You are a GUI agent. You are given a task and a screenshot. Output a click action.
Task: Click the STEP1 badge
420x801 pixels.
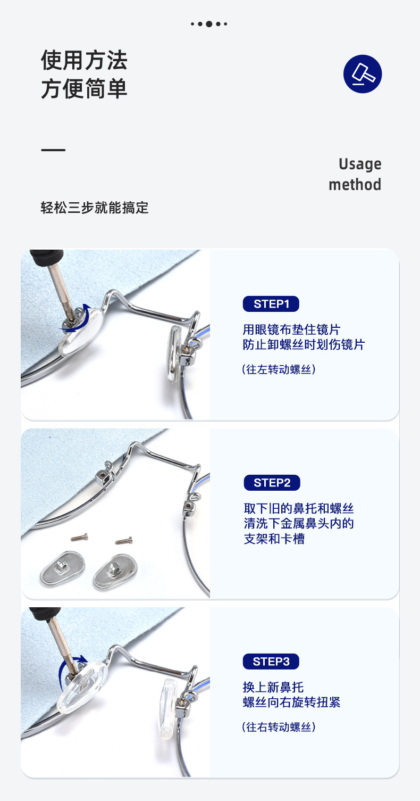[x=271, y=304]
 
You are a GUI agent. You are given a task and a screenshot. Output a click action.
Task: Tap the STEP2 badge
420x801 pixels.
[x=272, y=483]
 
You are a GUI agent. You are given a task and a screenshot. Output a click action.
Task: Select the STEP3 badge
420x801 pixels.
[x=271, y=662]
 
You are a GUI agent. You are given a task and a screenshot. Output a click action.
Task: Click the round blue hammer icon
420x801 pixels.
[x=363, y=74]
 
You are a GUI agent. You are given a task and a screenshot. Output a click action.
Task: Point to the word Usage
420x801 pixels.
[x=360, y=164]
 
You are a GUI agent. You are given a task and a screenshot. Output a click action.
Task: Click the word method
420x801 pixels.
[x=355, y=185]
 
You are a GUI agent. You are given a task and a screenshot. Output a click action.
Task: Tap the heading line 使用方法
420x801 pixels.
[x=84, y=60]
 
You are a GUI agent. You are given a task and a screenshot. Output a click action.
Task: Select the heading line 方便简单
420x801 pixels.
[x=84, y=89]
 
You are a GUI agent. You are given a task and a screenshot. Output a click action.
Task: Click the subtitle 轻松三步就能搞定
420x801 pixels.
[x=94, y=208]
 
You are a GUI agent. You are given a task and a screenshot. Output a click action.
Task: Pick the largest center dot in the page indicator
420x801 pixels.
[x=209, y=24]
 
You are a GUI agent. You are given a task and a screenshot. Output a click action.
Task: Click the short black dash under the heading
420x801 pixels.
[x=53, y=150]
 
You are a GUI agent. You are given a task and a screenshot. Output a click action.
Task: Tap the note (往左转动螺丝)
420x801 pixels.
[x=279, y=369]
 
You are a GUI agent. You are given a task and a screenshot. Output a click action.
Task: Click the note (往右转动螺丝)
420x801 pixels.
[x=279, y=726]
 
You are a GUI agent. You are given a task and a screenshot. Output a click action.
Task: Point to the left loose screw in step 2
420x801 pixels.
[x=79, y=536]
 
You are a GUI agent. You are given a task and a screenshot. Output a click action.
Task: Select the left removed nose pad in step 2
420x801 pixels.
[x=63, y=568]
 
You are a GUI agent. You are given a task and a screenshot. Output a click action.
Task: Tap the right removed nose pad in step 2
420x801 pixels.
[x=115, y=572]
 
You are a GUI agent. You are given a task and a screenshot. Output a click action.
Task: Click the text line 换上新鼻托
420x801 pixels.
[x=273, y=687]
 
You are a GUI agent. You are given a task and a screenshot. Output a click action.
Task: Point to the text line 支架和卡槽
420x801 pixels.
[x=274, y=539]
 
